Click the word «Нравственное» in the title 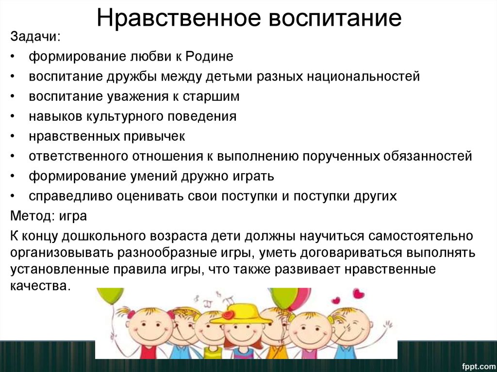(179, 18)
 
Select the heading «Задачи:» (35, 37)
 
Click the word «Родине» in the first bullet (209, 56)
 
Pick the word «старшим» (211, 97)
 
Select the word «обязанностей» (428, 156)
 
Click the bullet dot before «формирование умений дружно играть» (12, 176)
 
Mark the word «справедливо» (71, 196)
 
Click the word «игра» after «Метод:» (73, 216)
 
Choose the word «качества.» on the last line (40, 286)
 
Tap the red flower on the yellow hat (228, 315)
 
